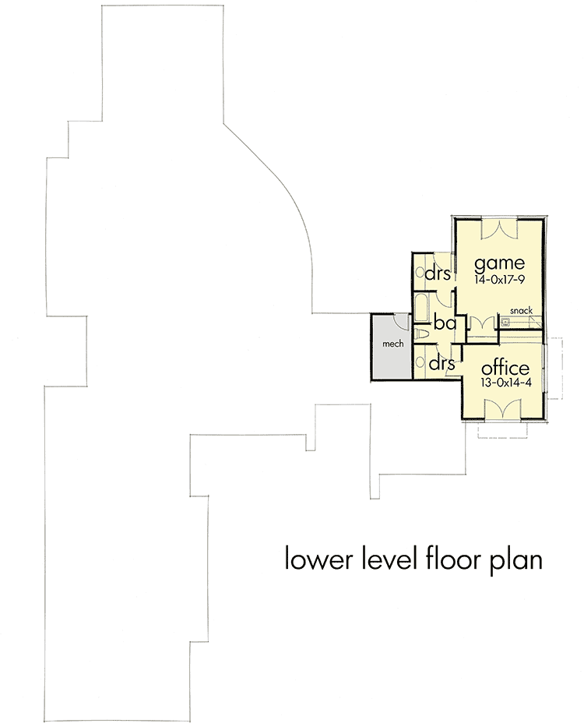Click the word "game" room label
pyautogui.click(x=498, y=261)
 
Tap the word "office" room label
pyautogui.click(x=505, y=368)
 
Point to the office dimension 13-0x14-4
pyautogui.click(x=505, y=384)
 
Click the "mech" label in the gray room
pyautogui.click(x=390, y=344)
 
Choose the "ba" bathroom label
pyautogui.click(x=444, y=323)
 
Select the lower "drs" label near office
pyautogui.click(x=442, y=364)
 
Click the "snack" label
pyautogui.click(x=521, y=310)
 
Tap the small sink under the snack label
pyautogui.click(x=505, y=321)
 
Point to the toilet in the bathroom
pyautogui.click(x=422, y=334)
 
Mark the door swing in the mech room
pyautogui.click(x=399, y=321)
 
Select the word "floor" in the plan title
pyautogui.click(x=454, y=559)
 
